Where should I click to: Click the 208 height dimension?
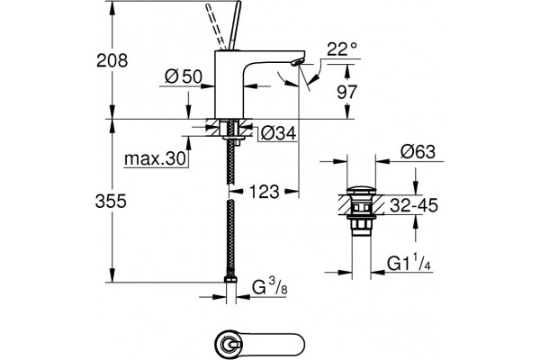pos(112,60)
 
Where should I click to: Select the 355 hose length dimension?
pos(111,201)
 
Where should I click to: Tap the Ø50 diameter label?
pos(184,76)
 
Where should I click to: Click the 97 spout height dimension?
pos(347,92)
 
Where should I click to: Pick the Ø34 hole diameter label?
pos(278,133)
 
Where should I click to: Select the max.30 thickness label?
pos(155,158)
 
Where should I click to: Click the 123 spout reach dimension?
pos(264,192)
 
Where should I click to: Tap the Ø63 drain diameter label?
pos(418,151)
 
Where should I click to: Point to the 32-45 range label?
pos(414,205)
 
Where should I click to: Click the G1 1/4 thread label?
pos(409,264)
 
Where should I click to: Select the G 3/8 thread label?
pos(270,287)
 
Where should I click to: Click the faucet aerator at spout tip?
pos(297,62)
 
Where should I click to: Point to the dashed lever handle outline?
pos(215,26)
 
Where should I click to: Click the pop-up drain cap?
pos(361,190)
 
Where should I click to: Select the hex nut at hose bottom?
pos(230,279)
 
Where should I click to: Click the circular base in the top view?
pos(229,344)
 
